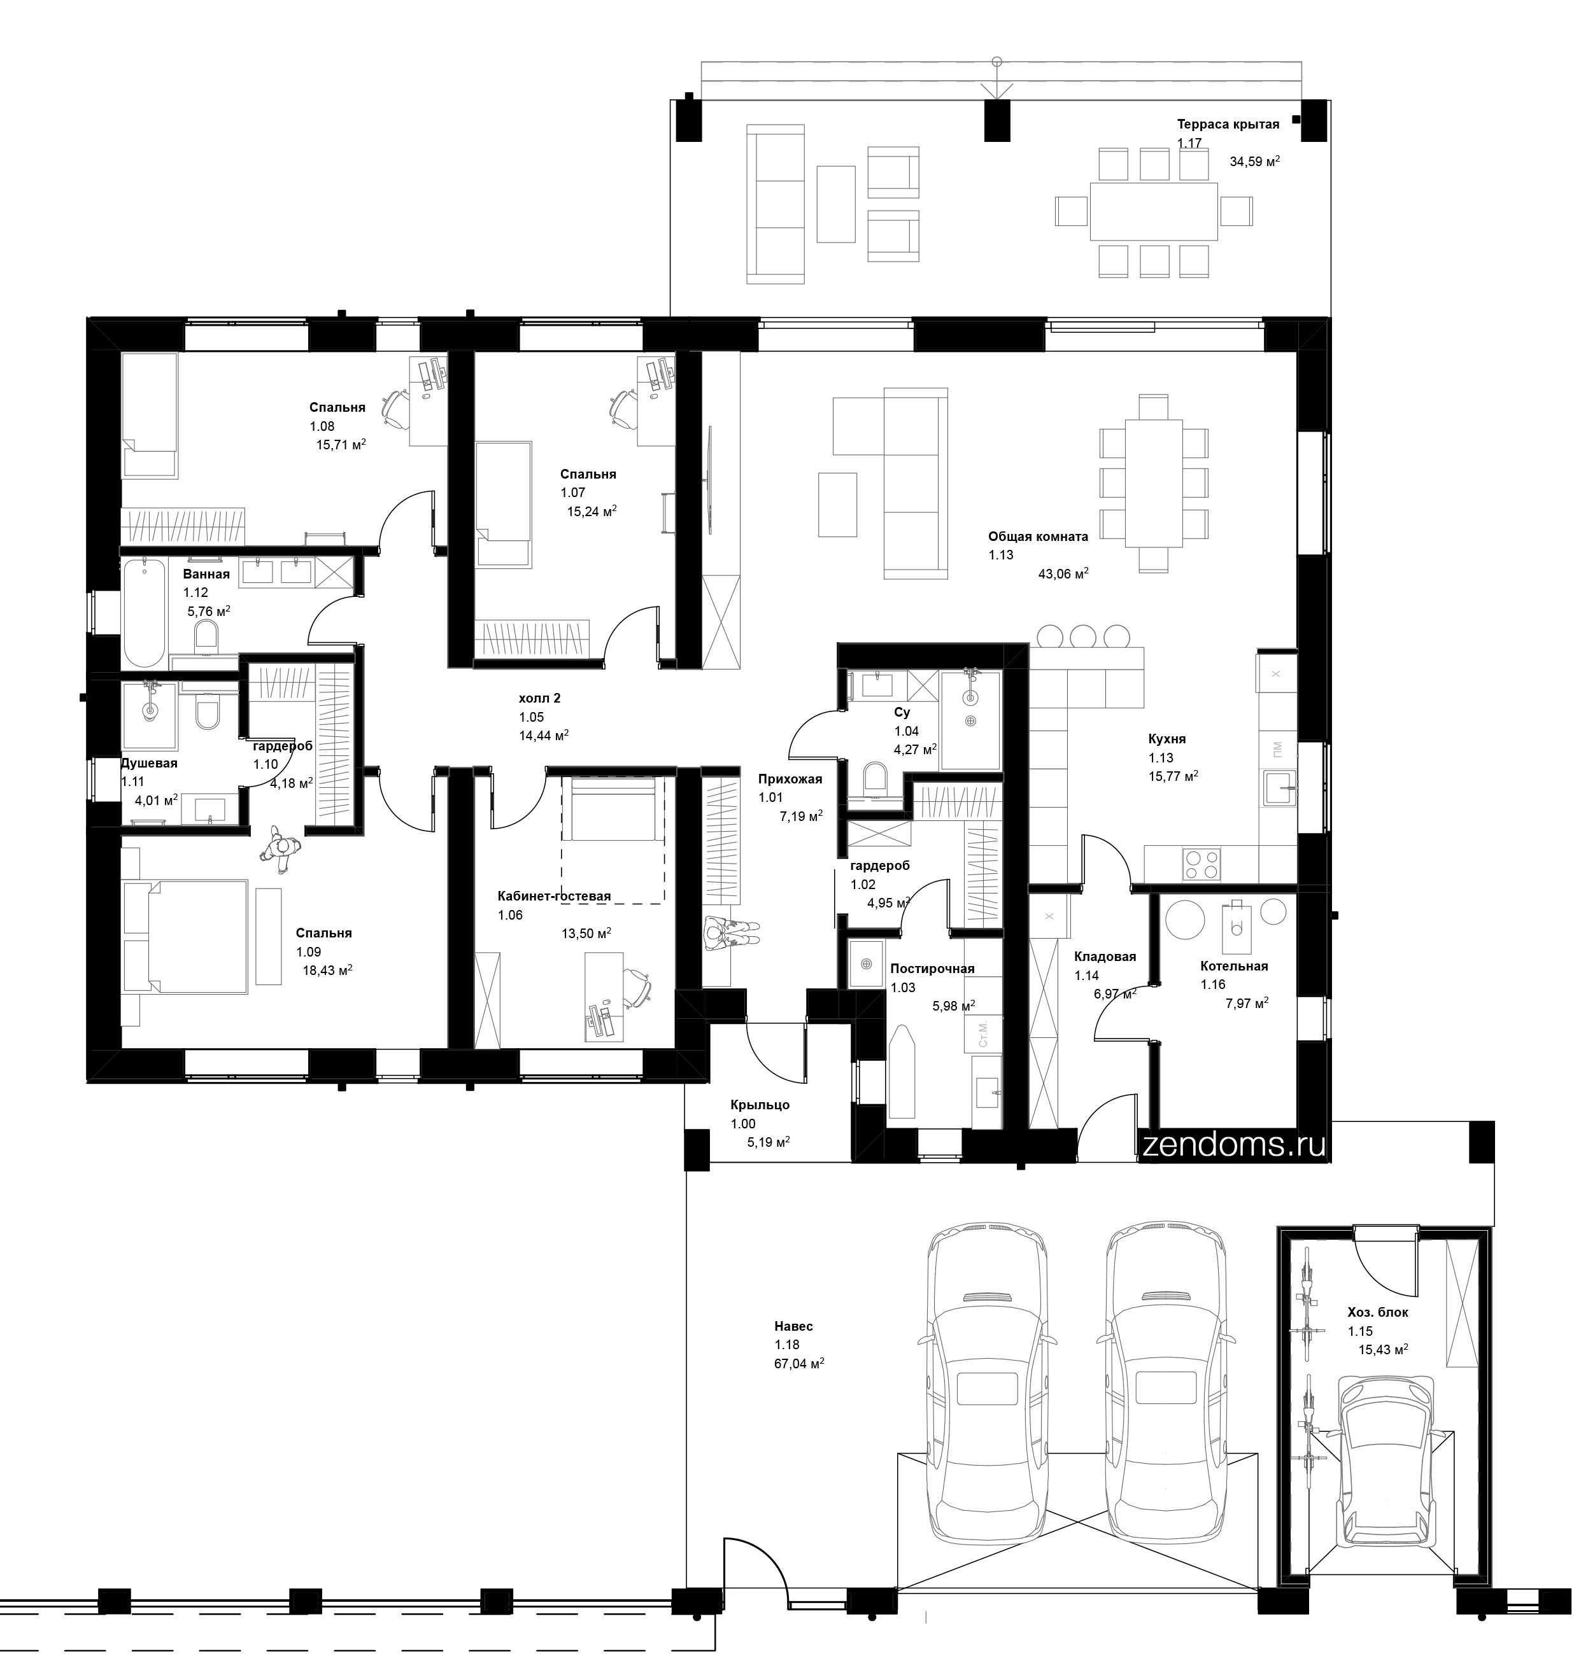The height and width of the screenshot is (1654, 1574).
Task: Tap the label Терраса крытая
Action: tap(1228, 124)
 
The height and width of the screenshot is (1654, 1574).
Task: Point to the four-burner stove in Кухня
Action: tap(1202, 864)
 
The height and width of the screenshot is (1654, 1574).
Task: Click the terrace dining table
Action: tap(1153, 211)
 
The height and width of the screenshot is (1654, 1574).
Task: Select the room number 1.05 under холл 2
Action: tap(531, 717)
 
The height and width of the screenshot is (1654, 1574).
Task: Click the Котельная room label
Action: tap(1233, 966)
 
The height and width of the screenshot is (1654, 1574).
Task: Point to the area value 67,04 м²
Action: tap(798, 1364)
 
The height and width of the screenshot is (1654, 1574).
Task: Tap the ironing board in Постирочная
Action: tap(902, 1072)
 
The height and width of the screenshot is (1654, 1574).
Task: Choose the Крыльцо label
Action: tap(760, 1105)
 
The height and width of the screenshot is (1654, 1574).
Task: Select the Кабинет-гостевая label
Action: tap(554, 896)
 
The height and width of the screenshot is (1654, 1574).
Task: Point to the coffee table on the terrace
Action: tap(835, 204)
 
